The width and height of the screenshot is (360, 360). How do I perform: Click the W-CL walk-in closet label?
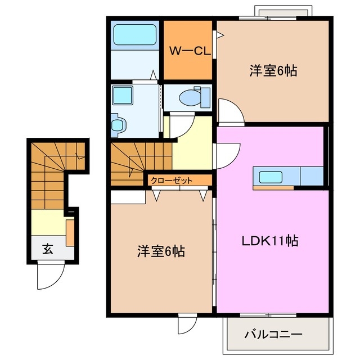click(191, 51)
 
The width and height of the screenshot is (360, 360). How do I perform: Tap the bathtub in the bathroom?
click(136, 35)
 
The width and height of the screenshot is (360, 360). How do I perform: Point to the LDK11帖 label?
click(270, 241)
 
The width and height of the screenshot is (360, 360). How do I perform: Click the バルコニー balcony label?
click(273, 334)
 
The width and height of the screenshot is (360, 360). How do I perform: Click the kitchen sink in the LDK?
click(273, 177)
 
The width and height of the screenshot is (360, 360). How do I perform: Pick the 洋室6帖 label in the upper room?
click(273, 71)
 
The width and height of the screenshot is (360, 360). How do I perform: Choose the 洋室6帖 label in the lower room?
click(160, 251)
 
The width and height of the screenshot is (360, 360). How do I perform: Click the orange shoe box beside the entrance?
click(70, 233)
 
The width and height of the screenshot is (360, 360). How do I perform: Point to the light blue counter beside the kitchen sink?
click(311, 176)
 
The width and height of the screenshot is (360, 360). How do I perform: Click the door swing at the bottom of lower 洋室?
click(186, 323)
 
